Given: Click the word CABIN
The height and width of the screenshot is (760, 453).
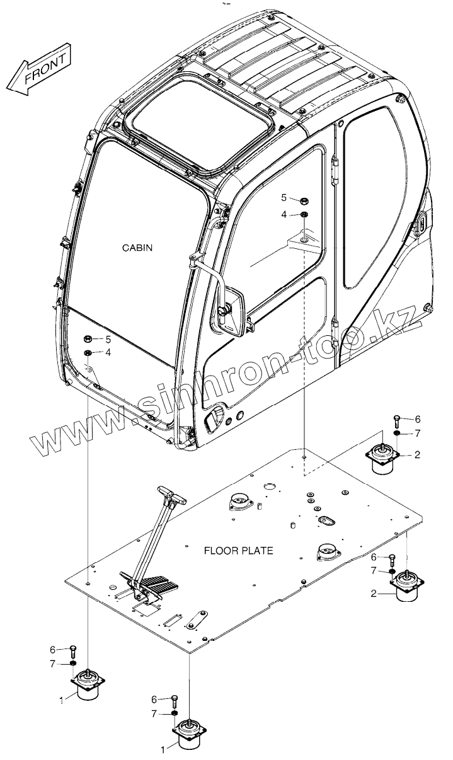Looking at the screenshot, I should tap(137, 248).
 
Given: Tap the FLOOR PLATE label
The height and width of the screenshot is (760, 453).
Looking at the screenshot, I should tap(238, 550).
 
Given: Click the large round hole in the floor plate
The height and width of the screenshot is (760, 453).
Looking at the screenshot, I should tap(269, 487).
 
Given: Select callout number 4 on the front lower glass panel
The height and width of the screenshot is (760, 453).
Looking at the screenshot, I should tap(108, 352).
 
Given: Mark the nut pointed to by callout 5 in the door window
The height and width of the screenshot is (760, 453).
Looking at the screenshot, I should tap(302, 200).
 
